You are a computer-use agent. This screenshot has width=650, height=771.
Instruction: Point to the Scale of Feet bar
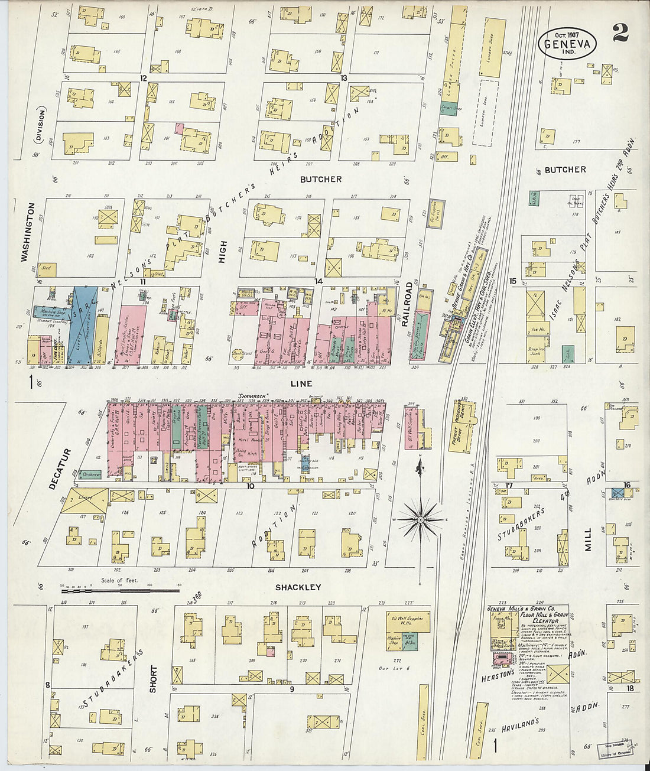[121, 588]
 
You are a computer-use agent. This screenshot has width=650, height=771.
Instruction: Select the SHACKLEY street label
[298, 587]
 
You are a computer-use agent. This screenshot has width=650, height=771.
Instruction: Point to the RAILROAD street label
[407, 304]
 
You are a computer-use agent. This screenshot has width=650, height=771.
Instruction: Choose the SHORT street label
[154, 679]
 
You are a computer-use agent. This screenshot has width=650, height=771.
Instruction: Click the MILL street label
[588, 539]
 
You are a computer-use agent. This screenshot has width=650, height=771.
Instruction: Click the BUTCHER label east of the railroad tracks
[565, 170]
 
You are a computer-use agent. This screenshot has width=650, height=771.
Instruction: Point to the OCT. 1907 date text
[567, 34]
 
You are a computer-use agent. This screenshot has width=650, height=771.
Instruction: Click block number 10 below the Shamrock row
[251, 486]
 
